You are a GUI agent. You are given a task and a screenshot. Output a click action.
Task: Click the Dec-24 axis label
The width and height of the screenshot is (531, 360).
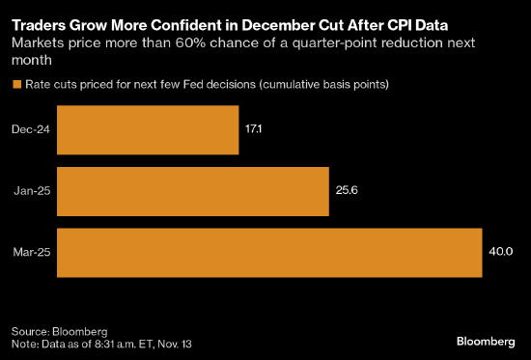tap(33, 130)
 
